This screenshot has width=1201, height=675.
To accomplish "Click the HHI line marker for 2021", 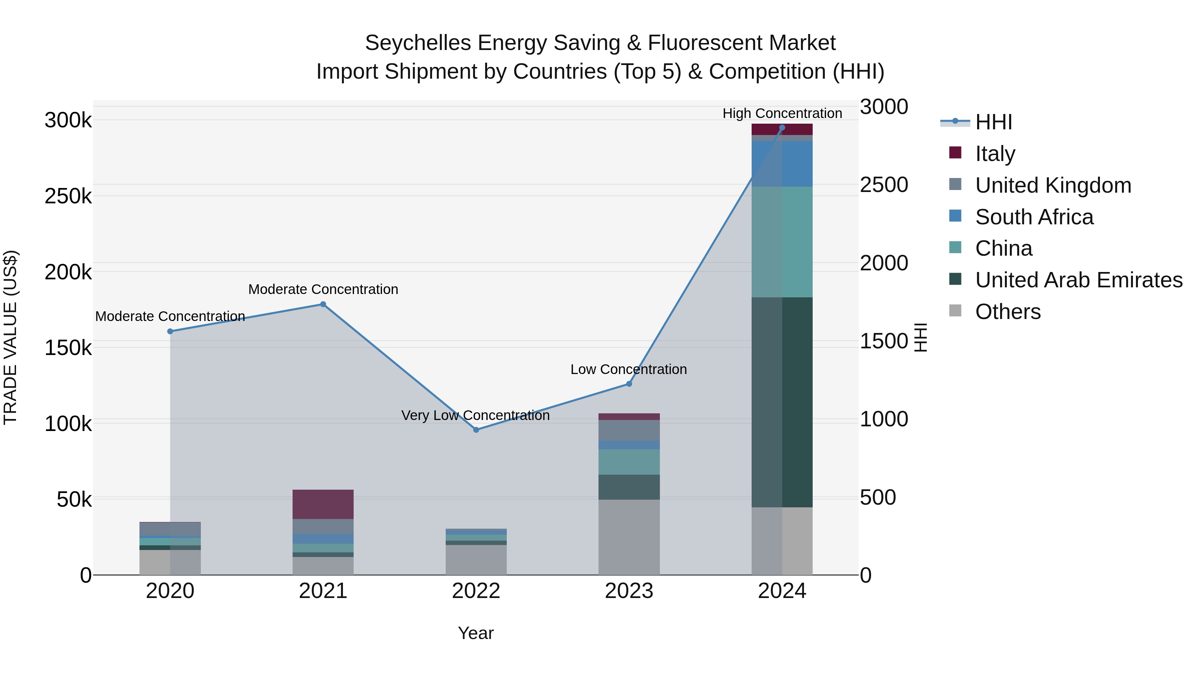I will coord(323,304).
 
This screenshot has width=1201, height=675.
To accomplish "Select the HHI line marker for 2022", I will coord(476,430).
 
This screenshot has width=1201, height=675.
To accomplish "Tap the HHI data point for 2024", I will coord(782,128).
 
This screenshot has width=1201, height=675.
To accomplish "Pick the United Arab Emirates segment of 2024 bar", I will coord(782,402).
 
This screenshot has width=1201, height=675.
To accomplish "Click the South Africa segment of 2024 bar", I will coord(782,164).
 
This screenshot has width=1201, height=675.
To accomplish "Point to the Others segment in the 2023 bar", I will coord(629,537).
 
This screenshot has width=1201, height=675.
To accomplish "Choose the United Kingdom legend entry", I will coord(1053,185).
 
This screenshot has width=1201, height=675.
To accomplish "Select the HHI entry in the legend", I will coord(993,122).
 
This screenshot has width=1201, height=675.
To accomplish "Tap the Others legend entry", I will coord(1008,312).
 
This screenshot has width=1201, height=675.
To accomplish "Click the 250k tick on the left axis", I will coord(68,196).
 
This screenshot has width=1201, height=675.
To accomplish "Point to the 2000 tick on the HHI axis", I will coord(883,263).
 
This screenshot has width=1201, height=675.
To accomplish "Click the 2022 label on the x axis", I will coord(476,591).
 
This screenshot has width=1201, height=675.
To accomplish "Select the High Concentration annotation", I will coord(782,113).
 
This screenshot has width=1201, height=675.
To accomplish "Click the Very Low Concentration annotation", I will coord(475,415).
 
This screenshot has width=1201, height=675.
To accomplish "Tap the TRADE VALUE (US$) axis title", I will coord(11,337).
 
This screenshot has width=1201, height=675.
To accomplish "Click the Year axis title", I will coord(475,633).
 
